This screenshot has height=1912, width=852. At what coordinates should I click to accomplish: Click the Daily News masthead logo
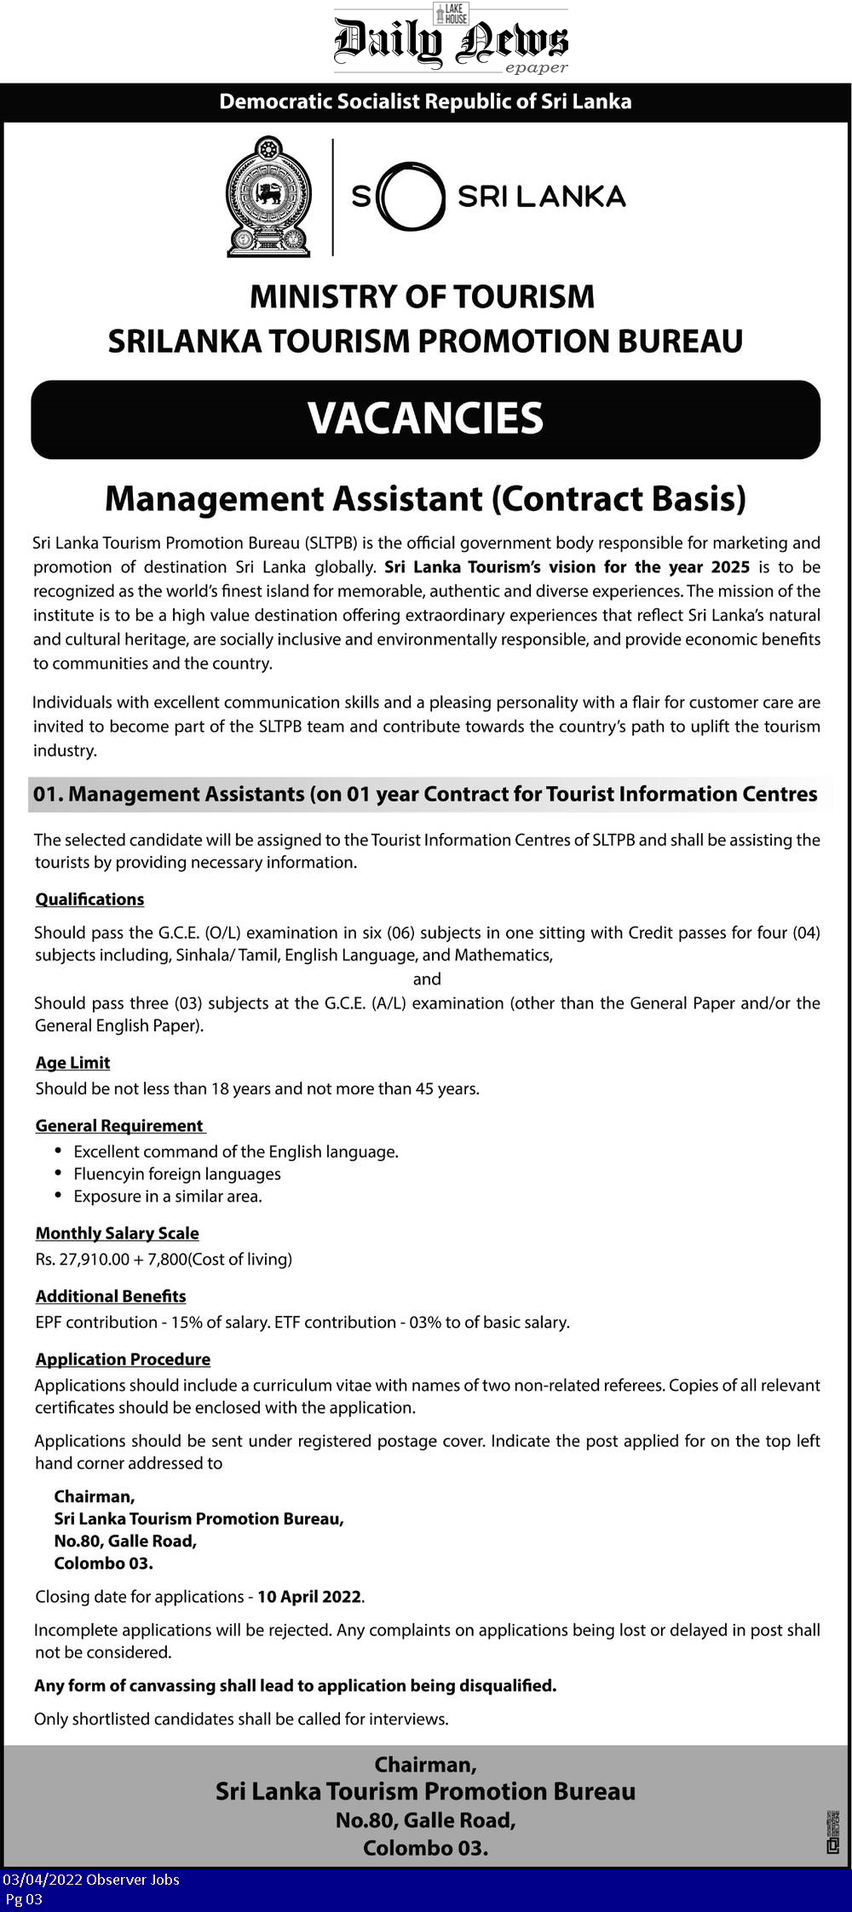pyautogui.click(x=450, y=38)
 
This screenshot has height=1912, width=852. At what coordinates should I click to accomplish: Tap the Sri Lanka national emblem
pyautogui.click(x=268, y=197)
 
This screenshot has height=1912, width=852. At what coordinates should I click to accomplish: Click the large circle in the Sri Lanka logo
pyautogui.click(x=412, y=197)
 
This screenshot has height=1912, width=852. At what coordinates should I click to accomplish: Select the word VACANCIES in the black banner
pyautogui.click(x=425, y=419)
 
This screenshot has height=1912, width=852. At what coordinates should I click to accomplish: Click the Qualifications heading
pyautogui.click(x=89, y=899)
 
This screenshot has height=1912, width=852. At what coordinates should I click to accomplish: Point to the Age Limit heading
pyautogui.click(x=72, y=1063)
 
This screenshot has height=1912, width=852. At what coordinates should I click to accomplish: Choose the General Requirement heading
pyautogui.click(x=119, y=1126)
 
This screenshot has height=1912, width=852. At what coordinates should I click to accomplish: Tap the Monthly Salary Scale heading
pyautogui.click(x=117, y=1233)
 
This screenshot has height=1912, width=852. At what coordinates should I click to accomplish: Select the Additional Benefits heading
pyautogui.click(x=111, y=1296)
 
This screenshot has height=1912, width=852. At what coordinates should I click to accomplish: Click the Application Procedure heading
pyautogui.click(x=123, y=1359)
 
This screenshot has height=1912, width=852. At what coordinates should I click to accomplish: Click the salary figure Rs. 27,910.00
pyautogui.click(x=82, y=1260)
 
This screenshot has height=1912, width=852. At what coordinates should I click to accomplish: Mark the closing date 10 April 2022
pyautogui.click(x=309, y=1597)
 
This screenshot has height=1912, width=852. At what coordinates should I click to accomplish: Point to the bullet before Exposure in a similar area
pyautogui.click(x=58, y=1196)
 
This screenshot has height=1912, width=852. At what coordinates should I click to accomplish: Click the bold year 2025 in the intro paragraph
pyautogui.click(x=730, y=567)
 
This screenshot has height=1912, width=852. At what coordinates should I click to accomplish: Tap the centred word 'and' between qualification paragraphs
pyautogui.click(x=427, y=979)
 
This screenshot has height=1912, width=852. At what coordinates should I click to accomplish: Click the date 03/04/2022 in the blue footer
pyautogui.click(x=41, y=1880)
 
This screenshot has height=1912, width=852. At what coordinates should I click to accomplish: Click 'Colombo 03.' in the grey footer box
pyautogui.click(x=425, y=1848)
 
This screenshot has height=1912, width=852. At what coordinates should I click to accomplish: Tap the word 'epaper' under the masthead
pyautogui.click(x=536, y=68)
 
